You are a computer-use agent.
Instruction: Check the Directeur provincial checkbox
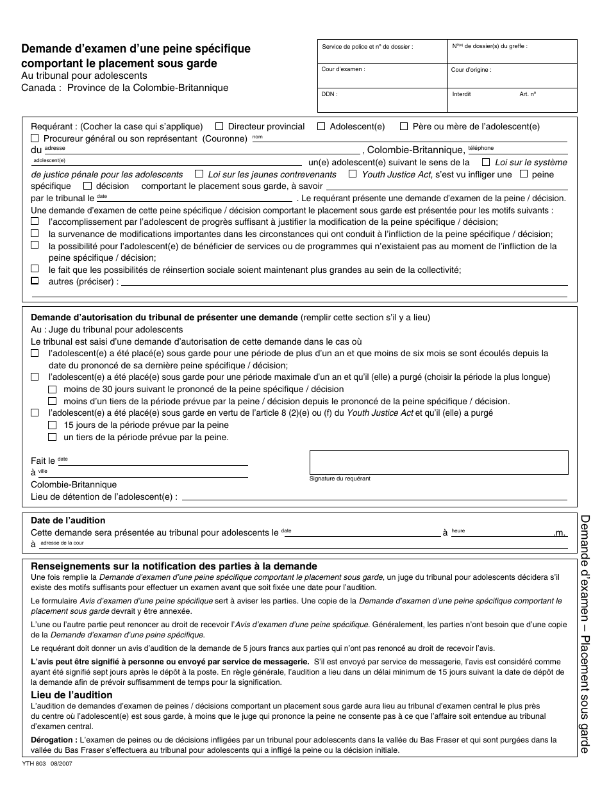[x=219, y=127]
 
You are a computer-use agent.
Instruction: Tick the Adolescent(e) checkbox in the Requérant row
[x=321, y=127]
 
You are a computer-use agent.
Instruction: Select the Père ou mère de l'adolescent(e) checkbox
[x=404, y=127]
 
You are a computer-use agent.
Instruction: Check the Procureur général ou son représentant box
[x=35, y=138]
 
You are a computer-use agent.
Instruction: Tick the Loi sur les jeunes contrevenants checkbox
[x=199, y=174]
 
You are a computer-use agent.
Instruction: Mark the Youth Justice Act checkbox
[x=353, y=174]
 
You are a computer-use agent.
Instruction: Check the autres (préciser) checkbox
[x=35, y=281]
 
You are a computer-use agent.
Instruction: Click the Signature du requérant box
[x=438, y=463]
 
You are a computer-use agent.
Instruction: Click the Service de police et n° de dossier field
[x=383, y=51]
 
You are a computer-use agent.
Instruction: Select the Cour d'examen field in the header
[x=383, y=74]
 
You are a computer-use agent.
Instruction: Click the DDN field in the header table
[x=383, y=99]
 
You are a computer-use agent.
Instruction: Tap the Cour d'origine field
[x=512, y=74]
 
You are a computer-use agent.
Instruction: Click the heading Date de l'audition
[x=68, y=520]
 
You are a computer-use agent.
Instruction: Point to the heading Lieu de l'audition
[x=71, y=695]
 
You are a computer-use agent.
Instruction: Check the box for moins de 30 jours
[x=53, y=390]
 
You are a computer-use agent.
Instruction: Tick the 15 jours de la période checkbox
[x=53, y=425]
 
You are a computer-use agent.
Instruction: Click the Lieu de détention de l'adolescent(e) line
[x=372, y=497]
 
